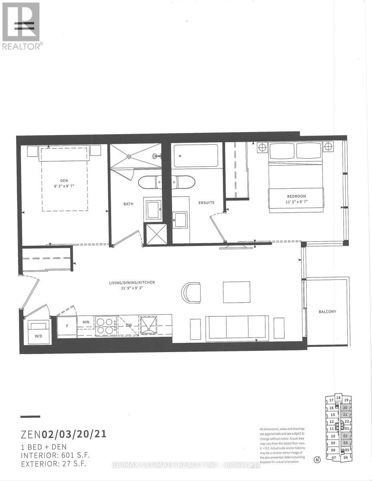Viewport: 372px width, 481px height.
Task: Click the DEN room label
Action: click(64, 169)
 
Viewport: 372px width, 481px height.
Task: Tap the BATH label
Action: click(128, 204)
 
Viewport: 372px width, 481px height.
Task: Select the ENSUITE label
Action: click(206, 203)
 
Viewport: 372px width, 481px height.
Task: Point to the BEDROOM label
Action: click(296, 196)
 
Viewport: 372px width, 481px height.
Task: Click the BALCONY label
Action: click(328, 311)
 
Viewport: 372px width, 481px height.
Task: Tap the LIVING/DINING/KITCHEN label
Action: click(132, 283)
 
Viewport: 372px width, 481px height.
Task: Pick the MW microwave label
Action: click(86, 322)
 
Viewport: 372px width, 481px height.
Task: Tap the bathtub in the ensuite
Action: click(196, 156)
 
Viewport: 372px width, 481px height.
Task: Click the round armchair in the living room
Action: click(191, 293)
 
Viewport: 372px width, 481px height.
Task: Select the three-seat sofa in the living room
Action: click(237, 327)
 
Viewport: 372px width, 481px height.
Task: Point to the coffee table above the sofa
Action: click(237, 292)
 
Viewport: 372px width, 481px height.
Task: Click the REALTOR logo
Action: click(21, 26)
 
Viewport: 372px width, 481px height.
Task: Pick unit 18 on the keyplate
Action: click(338, 398)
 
